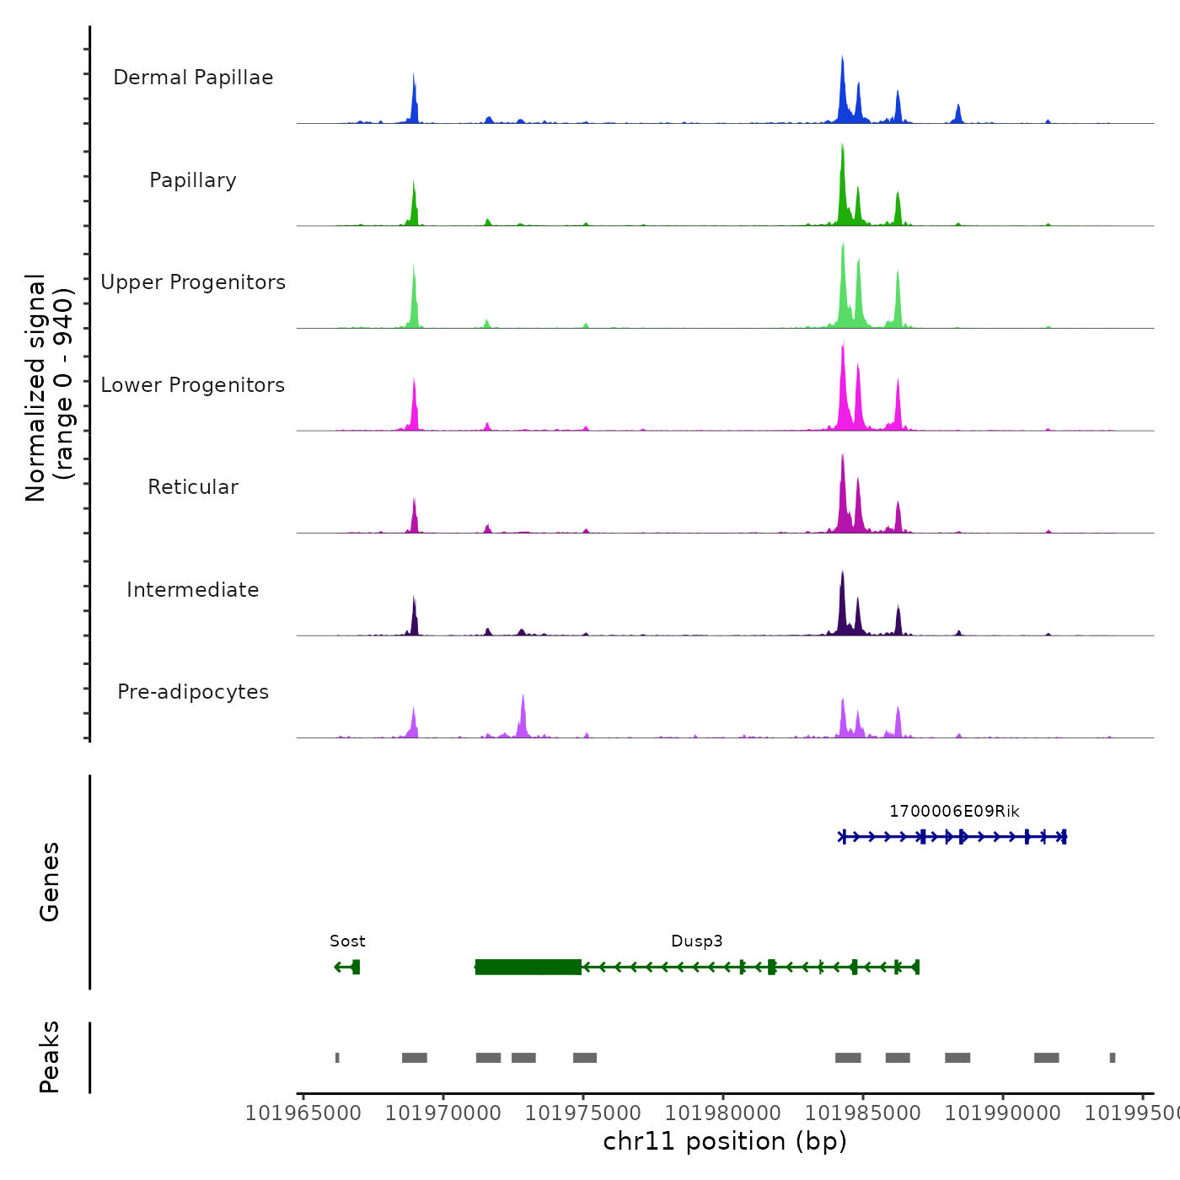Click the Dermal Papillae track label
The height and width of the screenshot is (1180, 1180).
[193, 78]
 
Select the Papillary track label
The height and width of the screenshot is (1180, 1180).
[193, 180]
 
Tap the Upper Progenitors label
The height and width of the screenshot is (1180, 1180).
[193, 282]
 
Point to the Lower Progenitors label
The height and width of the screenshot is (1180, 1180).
[193, 385]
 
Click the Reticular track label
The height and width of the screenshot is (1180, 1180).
[193, 487]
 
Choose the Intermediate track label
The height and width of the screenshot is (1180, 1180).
[193, 590]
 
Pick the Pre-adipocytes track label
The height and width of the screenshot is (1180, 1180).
[193, 692]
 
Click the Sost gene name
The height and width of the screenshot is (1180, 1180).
[347, 941]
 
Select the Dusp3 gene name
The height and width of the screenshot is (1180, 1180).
[697, 941]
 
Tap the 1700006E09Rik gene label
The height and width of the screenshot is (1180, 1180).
[954, 812]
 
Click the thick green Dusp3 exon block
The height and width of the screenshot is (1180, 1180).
[528, 967]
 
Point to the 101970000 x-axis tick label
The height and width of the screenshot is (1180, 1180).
[443, 1113]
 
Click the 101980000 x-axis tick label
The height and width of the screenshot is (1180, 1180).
[723, 1113]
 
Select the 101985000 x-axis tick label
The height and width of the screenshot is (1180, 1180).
[863, 1113]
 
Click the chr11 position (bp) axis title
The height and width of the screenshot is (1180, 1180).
[725, 1141]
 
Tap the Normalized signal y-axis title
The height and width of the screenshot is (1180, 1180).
[49, 387]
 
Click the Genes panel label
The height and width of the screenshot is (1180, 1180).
[50, 882]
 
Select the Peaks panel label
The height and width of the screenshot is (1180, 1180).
[50, 1057]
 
